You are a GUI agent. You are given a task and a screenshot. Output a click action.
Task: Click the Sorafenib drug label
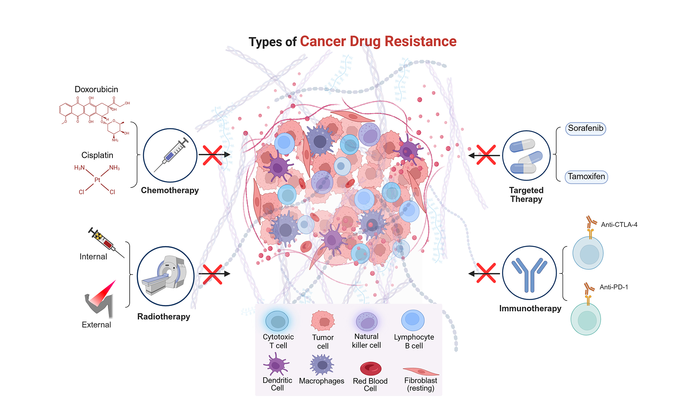click(585, 128)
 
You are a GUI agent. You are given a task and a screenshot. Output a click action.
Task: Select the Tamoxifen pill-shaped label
click(586, 177)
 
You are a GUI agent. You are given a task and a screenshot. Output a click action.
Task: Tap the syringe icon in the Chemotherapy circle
click(171, 155)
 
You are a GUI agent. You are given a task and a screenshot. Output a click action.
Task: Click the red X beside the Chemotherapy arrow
click(212, 155)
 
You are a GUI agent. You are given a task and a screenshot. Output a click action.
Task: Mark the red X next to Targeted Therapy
click(486, 155)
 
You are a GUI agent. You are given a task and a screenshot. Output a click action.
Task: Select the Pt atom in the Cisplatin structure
click(97, 180)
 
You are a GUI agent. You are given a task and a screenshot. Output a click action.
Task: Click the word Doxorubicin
click(96, 89)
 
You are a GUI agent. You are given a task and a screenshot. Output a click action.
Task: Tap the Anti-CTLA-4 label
click(619, 225)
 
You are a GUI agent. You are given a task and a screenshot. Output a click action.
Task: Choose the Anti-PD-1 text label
click(614, 287)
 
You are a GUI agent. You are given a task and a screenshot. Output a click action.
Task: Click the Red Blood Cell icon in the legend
click(371, 369)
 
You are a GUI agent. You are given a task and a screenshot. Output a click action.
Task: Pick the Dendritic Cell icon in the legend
click(276, 364)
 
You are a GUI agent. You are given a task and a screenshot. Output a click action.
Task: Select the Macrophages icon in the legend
click(322, 365)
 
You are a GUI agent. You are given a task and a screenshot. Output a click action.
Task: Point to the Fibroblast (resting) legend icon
click(421, 371)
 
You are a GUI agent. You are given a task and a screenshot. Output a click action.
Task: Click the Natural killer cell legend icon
click(366, 322)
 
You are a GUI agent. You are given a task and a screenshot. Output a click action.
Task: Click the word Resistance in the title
click(420, 41)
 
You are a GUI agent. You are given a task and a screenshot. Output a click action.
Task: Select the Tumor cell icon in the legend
click(323, 321)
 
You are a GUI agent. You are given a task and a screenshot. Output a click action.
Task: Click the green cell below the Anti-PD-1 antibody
click(586, 319)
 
